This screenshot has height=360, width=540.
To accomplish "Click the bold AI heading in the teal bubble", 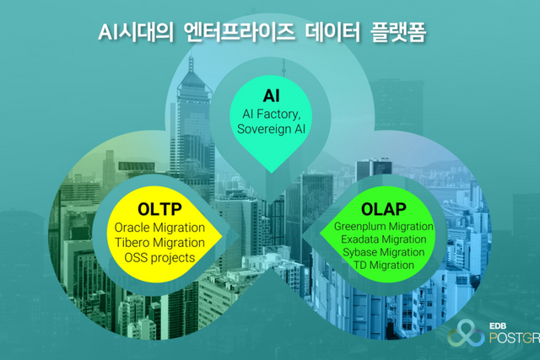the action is click(x=272, y=95).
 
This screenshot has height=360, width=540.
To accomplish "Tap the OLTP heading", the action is click(x=159, y=209).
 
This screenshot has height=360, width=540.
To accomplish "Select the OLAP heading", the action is click(x=384, y=209).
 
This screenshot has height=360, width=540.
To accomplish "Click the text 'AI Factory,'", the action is click(x=272, y=114).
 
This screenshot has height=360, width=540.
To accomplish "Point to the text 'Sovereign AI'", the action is click(x=272, y=129).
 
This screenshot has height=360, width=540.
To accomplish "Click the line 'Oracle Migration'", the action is click(x=159, y=228).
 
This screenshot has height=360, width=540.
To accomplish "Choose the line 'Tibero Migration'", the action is click(x=159, y=243).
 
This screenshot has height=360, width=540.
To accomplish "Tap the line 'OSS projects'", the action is click(x=159, y=258).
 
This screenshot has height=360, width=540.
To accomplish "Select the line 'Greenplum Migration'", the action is click(x=384, y=227).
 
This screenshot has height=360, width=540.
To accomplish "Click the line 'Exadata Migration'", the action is click(x=384, y=239).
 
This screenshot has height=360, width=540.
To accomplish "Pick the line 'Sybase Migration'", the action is click(x=384, y=252).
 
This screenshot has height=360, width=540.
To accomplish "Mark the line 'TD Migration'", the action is click(x=384, y=265).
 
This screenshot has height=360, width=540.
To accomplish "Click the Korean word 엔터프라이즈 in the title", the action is click(x=240, y=33).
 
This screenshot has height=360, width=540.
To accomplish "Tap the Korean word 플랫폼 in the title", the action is click(x=398, y=33).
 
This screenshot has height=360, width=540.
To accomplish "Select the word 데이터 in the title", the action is click(x=332, y=33).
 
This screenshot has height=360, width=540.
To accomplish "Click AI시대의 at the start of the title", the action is click(x=136, y=33).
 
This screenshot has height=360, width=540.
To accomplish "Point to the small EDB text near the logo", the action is click(x=498, y=326).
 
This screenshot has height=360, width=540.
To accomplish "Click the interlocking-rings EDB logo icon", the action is click(x=466, y=333).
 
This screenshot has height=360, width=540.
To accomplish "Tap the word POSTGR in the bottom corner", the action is click(x=515, y=338).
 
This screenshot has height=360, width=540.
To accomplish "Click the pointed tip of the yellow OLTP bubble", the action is click(x=222, y=235).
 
